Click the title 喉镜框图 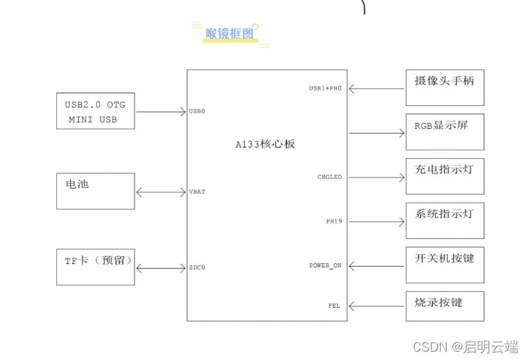point(230,33)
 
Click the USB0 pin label point(197,111)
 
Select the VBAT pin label point(197,191)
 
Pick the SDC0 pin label point(197,267)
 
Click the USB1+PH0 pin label point(325,88)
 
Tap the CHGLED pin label point(329,177)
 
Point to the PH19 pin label point(334,221)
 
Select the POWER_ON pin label point(326,265)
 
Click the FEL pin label point(334,306)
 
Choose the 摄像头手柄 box point(445,87)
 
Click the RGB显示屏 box point(445,132)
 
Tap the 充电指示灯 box point(445,175)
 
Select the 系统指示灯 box point(445,220)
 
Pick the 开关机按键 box point(445,264)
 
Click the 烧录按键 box point(445,306)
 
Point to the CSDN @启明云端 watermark point(466,346)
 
